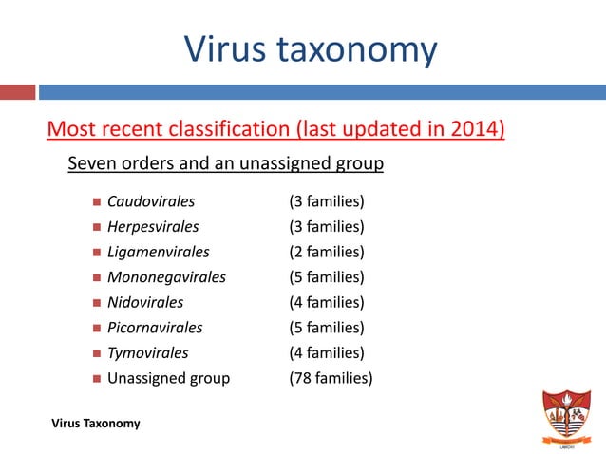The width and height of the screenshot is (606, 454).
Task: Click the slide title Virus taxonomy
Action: [310, 49]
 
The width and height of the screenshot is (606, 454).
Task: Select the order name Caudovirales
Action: [151, 202]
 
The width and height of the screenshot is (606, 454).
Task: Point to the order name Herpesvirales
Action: [153, 227]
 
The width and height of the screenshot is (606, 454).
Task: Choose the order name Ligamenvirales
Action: [158, 252]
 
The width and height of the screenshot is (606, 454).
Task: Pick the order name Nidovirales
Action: [145, 302]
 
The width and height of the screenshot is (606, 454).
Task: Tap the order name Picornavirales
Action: [155, 328]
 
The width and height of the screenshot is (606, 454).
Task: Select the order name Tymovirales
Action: [147, 352]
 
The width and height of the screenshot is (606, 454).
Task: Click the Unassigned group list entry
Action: [168, 378]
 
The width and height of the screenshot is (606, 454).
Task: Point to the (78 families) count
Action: [331, 378]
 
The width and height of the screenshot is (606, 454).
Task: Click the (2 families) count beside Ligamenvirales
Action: [327, 252]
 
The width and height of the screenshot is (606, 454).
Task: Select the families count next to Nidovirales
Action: [327, 302]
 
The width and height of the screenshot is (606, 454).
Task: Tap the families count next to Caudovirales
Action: [327, 202]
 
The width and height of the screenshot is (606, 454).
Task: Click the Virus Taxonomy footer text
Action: [96, 424]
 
